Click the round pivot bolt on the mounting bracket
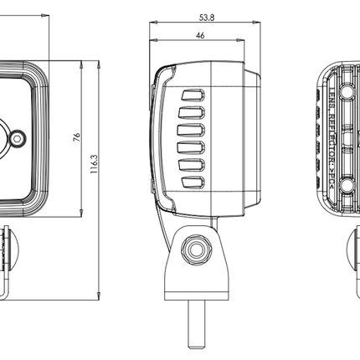tap(198, 249)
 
